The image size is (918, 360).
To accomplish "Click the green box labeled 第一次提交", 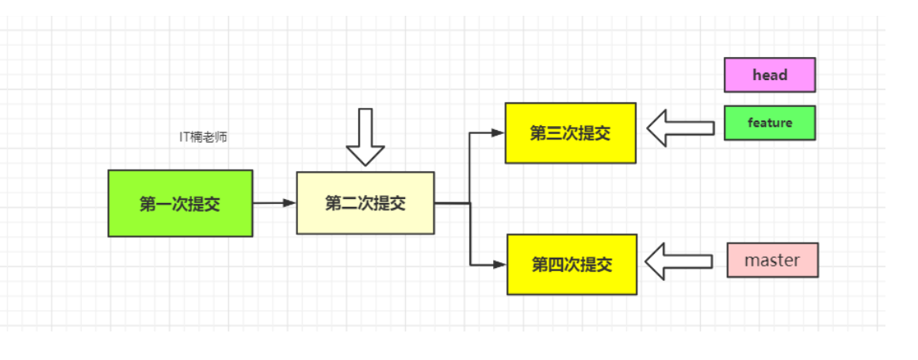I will (180, 203).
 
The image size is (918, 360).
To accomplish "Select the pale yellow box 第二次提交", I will (365, 203).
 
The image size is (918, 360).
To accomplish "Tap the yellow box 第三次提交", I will (570, 133).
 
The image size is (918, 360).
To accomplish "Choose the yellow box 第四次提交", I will (571, 264).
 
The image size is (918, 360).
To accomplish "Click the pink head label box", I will (769, 75).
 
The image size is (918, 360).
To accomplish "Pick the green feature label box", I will (769, 123).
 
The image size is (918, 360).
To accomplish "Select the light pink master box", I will (772, 260).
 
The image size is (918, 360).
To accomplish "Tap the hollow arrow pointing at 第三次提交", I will (679, 128).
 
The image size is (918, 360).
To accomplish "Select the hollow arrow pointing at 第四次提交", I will (678, 261).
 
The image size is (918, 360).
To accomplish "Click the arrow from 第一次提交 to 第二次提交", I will (273, 203).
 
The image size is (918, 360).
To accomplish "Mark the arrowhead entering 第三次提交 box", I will (499, 133).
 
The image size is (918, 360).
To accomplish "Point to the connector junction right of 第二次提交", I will (471, 203).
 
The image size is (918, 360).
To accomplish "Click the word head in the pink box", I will (770, 75).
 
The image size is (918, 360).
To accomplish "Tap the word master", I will (772, 260).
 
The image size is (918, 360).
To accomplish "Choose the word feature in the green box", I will (770, 123).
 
